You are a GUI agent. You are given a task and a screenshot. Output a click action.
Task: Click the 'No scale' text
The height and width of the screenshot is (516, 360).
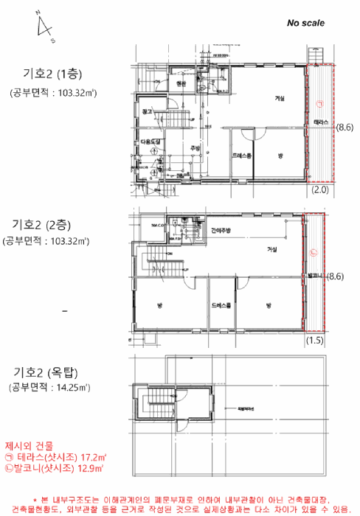(305, 23)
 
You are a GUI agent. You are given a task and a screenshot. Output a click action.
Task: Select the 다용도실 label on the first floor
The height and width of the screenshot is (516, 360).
(150, 140)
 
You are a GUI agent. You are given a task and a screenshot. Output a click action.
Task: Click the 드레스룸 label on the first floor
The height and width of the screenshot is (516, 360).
(241, 156)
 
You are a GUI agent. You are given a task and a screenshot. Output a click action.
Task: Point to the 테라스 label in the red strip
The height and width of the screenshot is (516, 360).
(321, 121)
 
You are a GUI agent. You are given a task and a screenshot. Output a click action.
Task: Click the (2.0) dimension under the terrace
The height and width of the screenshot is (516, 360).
(319, 189)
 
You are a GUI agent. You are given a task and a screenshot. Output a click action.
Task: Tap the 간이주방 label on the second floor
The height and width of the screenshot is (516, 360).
(221, 231)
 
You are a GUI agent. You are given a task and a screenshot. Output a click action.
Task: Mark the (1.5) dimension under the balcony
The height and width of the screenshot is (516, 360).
(316, 341)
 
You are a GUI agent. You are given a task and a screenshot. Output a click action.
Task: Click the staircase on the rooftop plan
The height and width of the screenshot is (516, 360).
(155, 402)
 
